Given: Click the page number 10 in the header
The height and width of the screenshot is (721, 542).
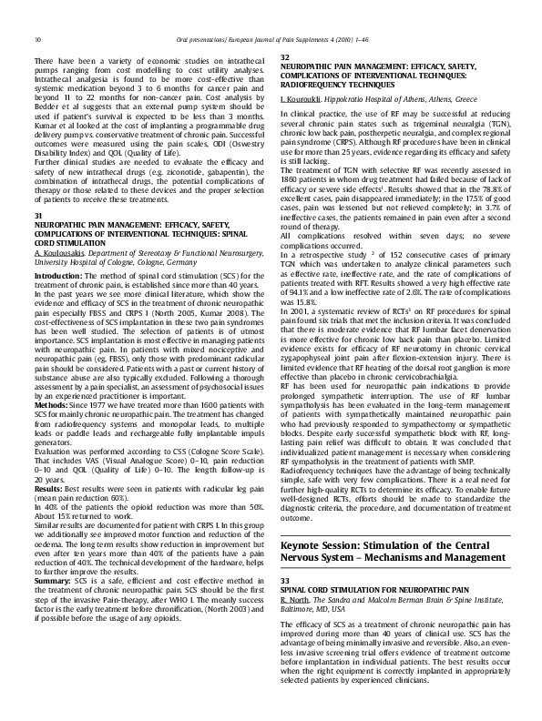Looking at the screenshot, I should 36,39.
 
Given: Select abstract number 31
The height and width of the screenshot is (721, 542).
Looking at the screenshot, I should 37,214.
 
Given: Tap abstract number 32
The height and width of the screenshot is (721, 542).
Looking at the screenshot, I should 284,57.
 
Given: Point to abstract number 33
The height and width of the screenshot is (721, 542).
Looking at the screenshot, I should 284,580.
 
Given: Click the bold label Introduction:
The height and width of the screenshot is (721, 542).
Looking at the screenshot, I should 57,274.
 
